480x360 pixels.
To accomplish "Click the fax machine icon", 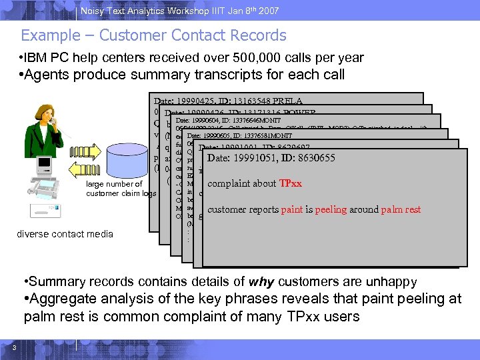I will [47, 189].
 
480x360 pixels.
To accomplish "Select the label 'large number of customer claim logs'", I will [121, 189].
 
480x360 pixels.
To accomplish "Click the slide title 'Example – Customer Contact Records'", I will [153, 35].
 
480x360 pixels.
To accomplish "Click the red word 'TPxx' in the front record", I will [290, 184].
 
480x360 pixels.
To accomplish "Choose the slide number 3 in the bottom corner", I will [13, 345].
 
